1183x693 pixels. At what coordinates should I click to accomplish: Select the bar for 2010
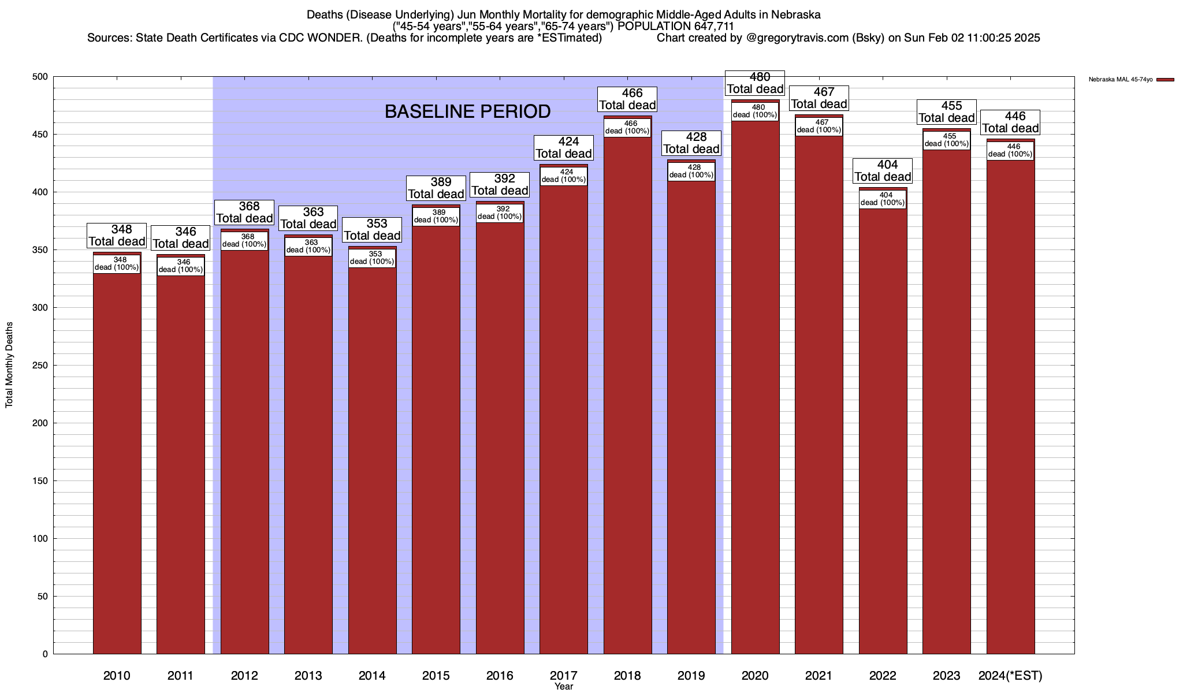[x=117, y=462]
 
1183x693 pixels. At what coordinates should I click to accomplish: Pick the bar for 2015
[x=436, y=439]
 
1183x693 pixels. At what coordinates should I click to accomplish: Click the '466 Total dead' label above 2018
[x=627, y=99]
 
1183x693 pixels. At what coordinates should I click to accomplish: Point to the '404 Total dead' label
[x=883, y=171]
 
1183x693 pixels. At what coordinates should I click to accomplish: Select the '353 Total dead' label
[x=372, y=230]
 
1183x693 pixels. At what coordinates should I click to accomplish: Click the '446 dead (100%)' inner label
[x=1010, y=150]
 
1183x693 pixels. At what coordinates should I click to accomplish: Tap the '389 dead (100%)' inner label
[x=436, y=216]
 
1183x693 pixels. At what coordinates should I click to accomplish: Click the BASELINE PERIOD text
[x=467, y=111]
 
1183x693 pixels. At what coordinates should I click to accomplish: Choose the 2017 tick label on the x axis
[x=563, y=675]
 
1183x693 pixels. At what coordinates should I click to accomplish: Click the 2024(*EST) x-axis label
[x=1010, y=675]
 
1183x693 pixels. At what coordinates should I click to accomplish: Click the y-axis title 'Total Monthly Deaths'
[x=9, y=365]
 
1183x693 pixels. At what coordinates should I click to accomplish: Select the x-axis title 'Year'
[x=563, y=687]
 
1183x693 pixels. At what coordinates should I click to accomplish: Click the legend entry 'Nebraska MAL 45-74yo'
[x=1120, y=79]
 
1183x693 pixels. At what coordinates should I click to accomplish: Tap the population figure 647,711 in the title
[x=709, y=26]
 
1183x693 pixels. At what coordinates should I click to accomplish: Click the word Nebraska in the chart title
[x=795, y=14]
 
